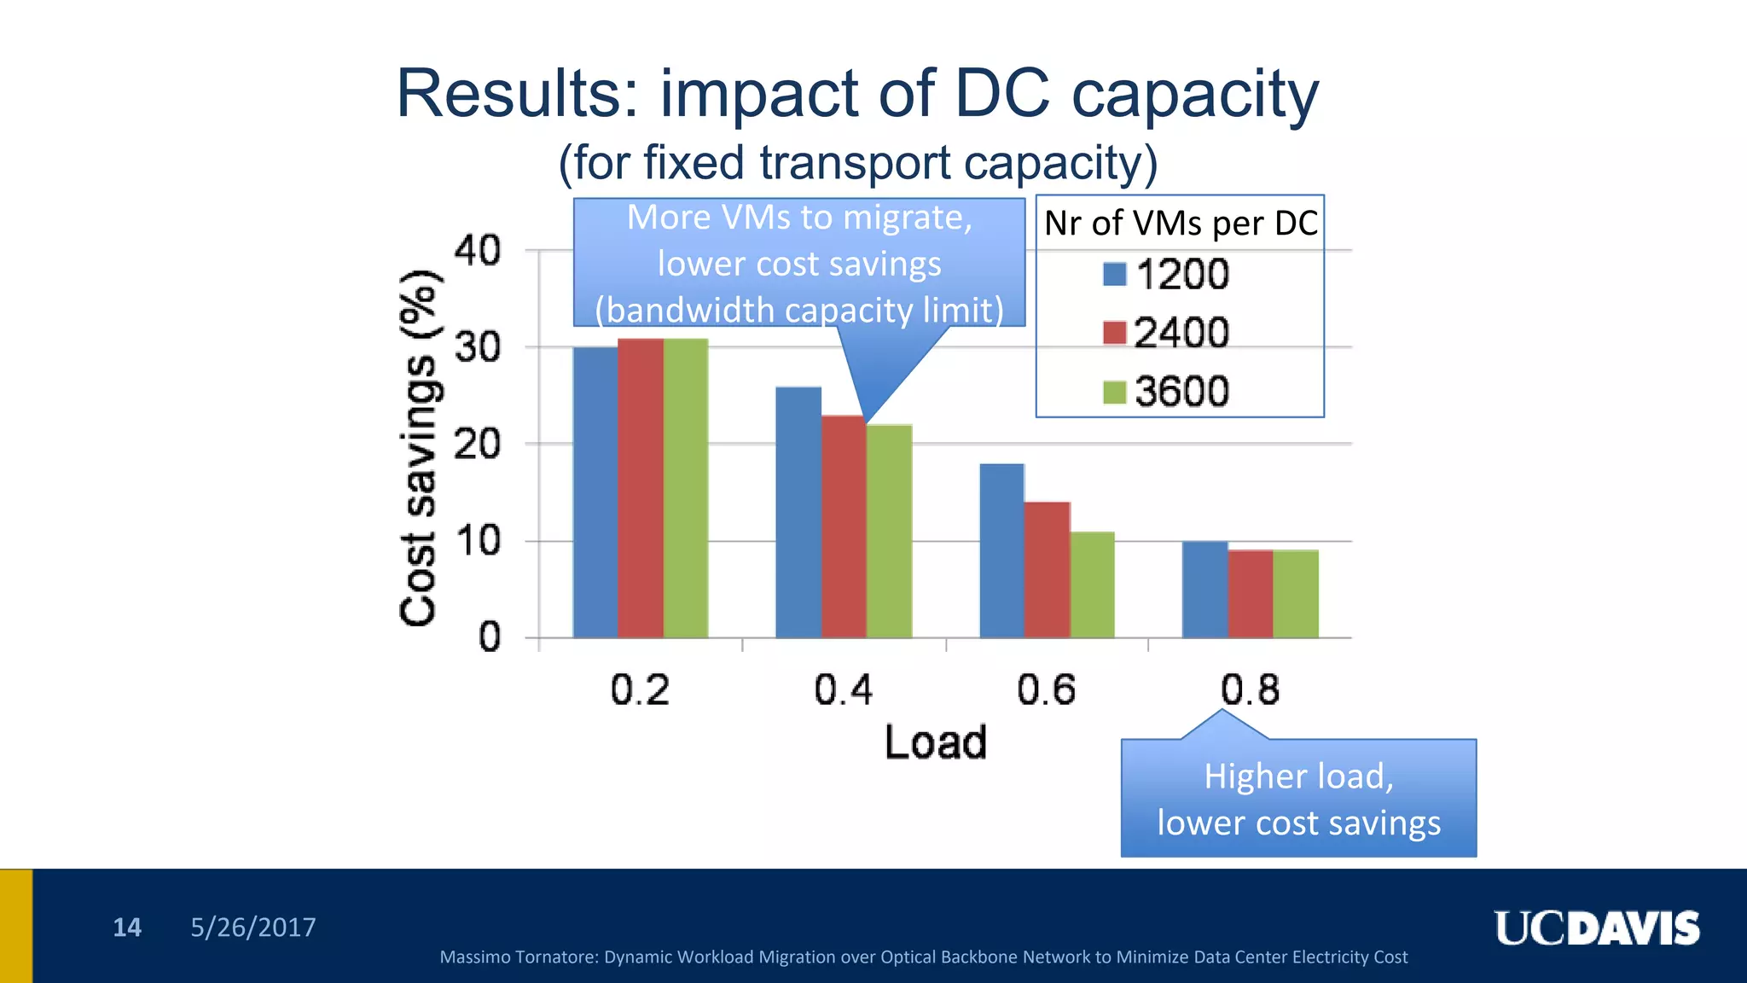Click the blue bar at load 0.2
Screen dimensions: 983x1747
tap(595, 492)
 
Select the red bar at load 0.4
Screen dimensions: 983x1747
tap(844, 526)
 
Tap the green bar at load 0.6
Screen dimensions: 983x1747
tap(1093, 585)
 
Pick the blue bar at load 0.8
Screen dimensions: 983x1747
tap(1204, 590)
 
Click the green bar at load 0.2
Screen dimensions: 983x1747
tap(686, 488)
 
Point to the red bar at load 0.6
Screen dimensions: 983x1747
tap(1048, 570)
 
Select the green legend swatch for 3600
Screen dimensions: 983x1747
tap(1114, 392)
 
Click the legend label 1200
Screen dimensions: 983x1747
tap(1182, 275)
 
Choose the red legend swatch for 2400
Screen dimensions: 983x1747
tap(1114, 333)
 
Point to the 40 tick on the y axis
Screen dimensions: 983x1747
tap(478, 251)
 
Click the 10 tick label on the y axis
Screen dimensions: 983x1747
tap(478, 541)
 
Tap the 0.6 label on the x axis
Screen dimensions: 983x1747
tap(1047, 689)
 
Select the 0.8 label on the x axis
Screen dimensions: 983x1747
tap(1250, 689)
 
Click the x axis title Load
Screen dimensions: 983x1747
tap(936, 742)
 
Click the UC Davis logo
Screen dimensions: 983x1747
tap(1596, 928)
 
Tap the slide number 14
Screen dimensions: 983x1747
tap(127, 928)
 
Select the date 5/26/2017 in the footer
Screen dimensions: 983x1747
tap(253, 928)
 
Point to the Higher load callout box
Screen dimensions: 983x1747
tap(1298, 799)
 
